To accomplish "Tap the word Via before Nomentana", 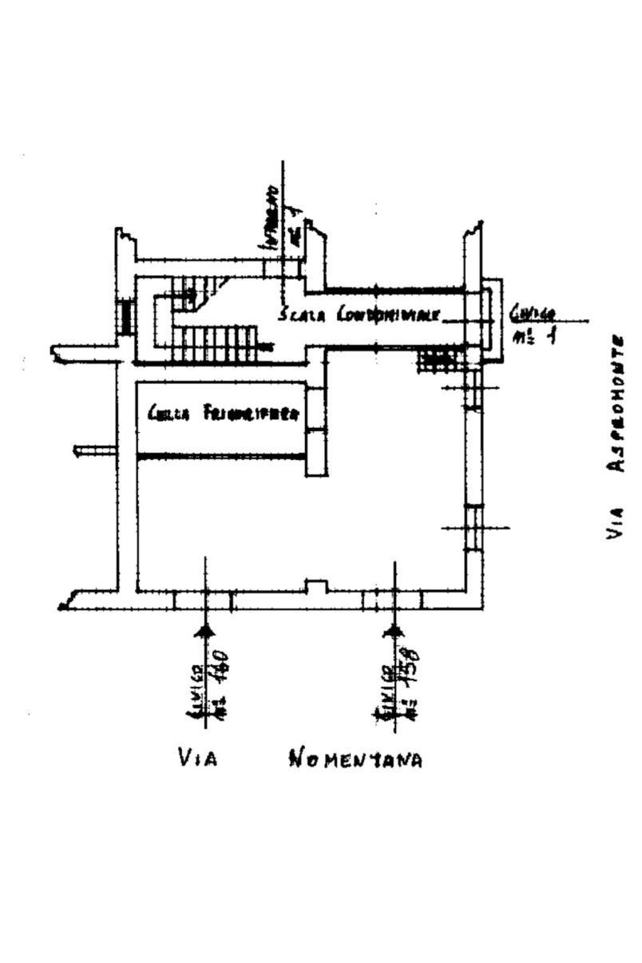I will click(x=196, y=758).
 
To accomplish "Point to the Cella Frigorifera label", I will click(x=224, y=414).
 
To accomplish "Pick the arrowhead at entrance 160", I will click(x=206, y=632).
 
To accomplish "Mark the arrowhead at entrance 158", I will click(x=394, y=632).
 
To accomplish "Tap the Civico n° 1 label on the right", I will click(x=534, y=325).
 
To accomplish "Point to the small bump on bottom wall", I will click(x=317, y=587).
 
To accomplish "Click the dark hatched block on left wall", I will click(x=125, y=317).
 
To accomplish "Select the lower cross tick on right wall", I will click(x=475, y=527).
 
